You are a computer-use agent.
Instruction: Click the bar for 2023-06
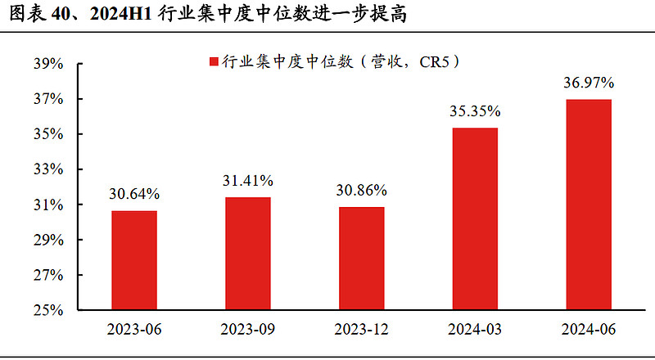click(x=134, y=260)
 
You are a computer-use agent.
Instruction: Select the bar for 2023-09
click(x=247, y=254)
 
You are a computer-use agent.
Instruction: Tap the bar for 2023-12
click(x=361, y=259)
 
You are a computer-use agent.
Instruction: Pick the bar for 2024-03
click(x=474, y=219)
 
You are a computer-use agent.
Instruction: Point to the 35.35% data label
click(x=474, y=111)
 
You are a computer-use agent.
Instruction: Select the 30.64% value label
click(x=134, y=194)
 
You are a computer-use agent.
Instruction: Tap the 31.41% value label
click(x=247, y=181)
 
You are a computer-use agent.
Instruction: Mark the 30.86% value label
click(x=361, y=190)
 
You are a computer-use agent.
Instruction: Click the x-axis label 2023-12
click(x=361, y=330)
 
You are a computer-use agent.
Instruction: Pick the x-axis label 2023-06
click(x=134, y=330)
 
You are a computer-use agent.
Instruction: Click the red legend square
click(x=215, y=61)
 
